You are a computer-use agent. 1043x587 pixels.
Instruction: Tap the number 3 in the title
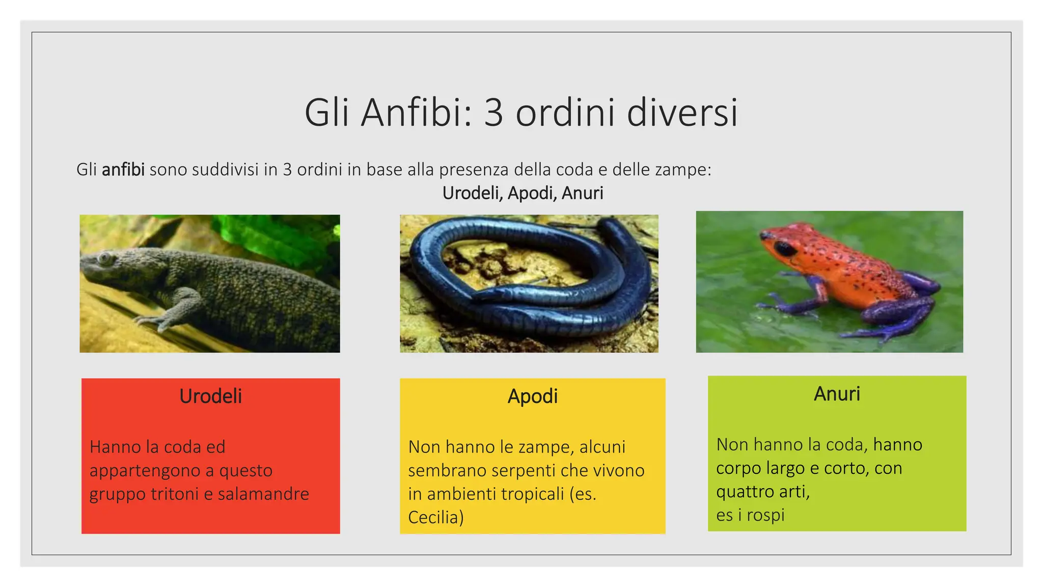(493, 113)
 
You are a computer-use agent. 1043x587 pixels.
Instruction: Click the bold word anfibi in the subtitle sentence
(123, 169)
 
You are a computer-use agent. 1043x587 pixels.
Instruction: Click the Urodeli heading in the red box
(210, 396)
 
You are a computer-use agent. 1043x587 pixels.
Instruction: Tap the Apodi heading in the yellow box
(532, 396)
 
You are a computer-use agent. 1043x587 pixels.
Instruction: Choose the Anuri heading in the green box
(836, 394)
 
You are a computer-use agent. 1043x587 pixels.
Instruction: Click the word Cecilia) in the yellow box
(435, 517)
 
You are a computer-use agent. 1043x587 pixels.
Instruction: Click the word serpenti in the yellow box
(519, 470)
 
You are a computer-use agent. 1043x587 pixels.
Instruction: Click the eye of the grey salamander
(105, 257)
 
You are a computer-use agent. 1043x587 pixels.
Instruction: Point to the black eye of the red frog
(784, 249)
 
